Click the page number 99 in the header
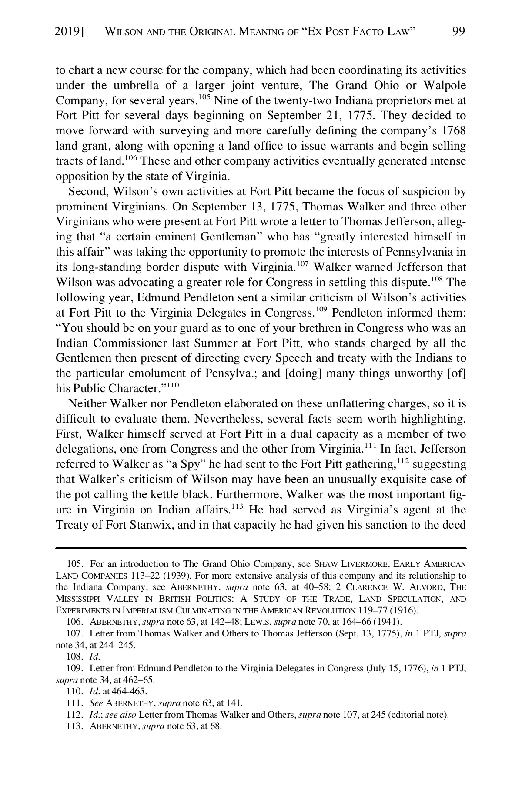pos(458,31)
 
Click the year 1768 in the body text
pos(454,131)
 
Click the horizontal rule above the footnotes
pos(261,548)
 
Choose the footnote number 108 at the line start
pos(74,656)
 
